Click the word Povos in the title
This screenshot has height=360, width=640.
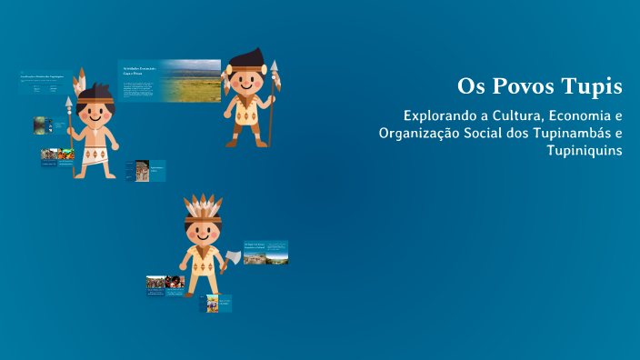point(520,87)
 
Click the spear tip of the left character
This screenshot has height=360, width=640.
point(69,104)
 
